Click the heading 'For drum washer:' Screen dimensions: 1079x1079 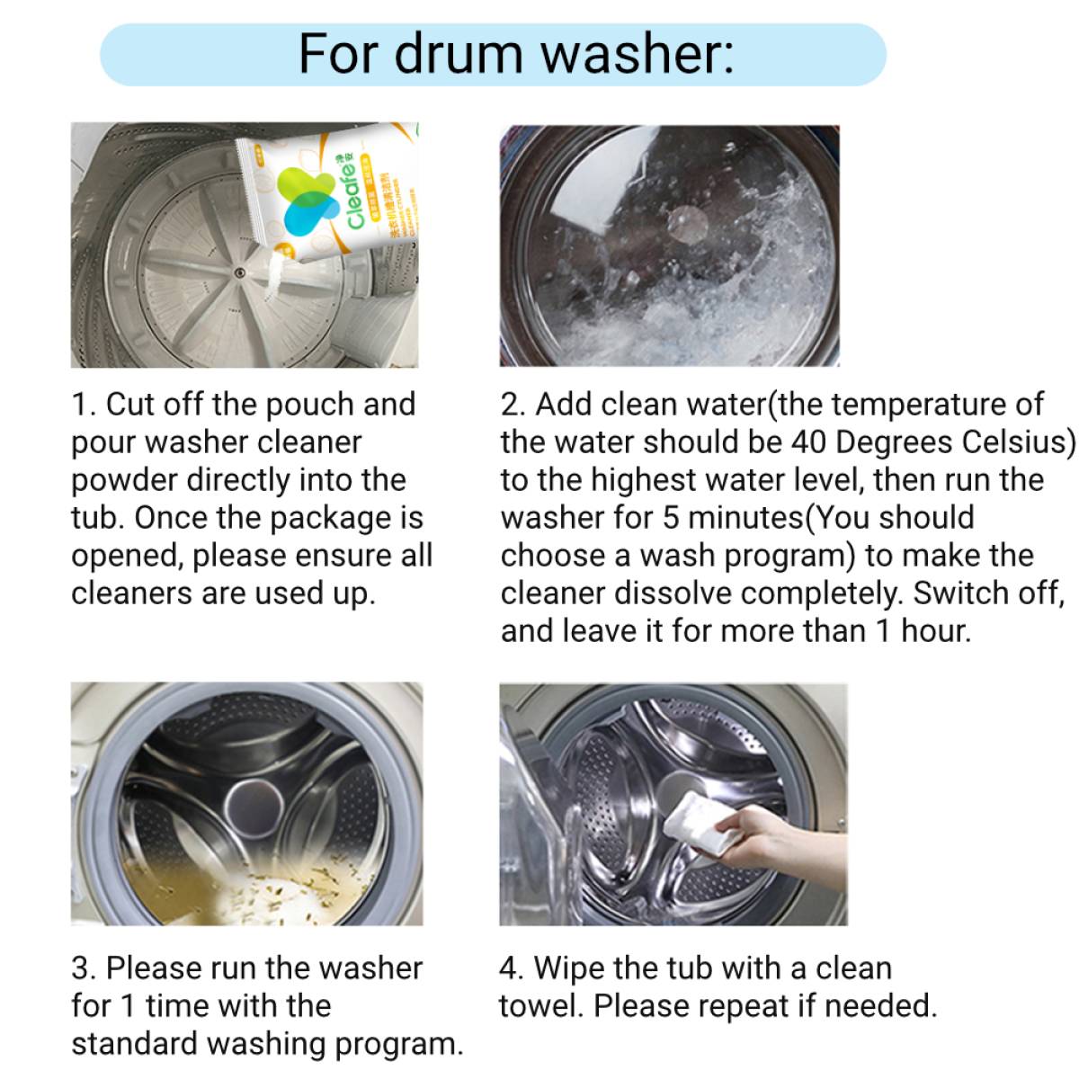tap(515, 54)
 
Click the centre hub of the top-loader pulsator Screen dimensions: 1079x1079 tap(239, 272)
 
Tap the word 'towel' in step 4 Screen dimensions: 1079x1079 tap(541, 1006)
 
